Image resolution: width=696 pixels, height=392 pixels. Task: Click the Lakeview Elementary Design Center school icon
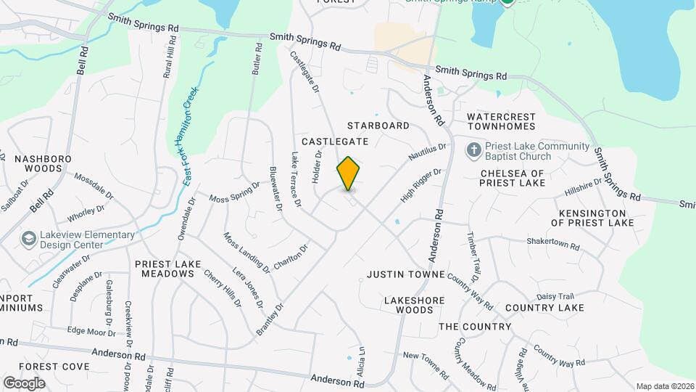29,239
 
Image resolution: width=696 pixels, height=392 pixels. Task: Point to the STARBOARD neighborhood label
378,126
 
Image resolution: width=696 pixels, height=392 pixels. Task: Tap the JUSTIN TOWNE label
405,275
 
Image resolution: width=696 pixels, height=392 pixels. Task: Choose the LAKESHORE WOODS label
409,305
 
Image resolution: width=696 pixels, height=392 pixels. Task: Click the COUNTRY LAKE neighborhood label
544,308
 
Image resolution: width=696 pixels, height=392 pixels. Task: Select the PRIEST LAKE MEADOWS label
165,269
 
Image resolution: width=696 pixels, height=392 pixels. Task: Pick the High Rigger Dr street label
421,186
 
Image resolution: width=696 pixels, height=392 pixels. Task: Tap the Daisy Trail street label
555,296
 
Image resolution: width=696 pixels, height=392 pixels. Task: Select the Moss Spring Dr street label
234,192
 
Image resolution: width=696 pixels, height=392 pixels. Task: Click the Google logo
24,383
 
